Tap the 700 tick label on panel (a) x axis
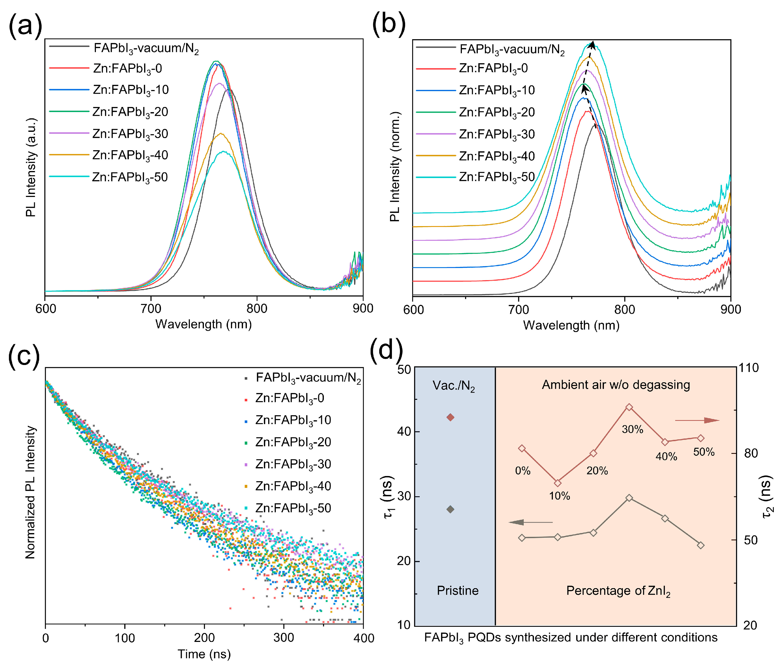click(x=151, y=309)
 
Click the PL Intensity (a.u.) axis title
click(x=31, y=167)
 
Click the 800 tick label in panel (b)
click(x=624, y=310)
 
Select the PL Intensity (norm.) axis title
click(x=395, y=166)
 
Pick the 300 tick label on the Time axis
click(x=283, y=638)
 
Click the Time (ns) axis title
click(x=204, y=654)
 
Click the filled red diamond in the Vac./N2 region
click(x=450, y=417)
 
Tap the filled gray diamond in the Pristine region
click(x=450, y=510)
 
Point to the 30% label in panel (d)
click(x=633, y=429)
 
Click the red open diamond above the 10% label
click(x=557, y=483)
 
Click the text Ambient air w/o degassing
click(x=616, y=385)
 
